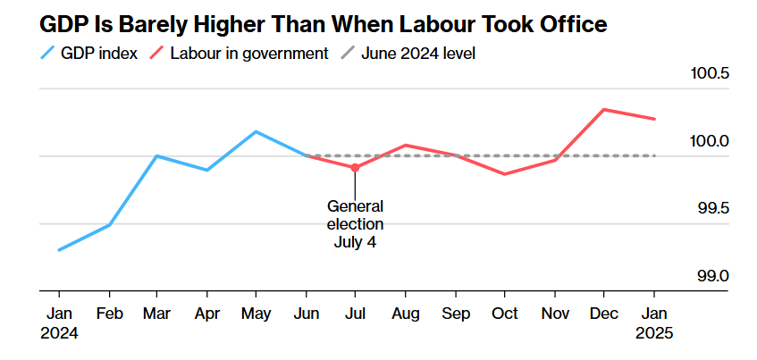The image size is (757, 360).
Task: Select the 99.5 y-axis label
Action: coord(713,208)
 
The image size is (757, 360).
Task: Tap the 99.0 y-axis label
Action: coord(713,276)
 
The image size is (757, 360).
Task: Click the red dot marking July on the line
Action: coord(355,167)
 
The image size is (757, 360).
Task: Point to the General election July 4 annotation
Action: coord(355,223)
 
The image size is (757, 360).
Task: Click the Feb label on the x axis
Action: coord(109,315)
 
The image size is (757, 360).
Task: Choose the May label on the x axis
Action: coord(257,315)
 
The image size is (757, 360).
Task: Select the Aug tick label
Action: coord(405,315)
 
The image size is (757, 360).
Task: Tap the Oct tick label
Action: coord(504,315)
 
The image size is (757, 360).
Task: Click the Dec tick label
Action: coord(604,315)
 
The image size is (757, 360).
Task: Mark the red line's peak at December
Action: coord(604,110)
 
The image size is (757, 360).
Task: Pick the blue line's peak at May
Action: coord(257,131)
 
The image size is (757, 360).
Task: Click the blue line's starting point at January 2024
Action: coord(59,250)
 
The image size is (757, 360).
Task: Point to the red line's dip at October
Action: coord(504,174)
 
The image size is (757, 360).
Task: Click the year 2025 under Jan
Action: coord(653,334)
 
